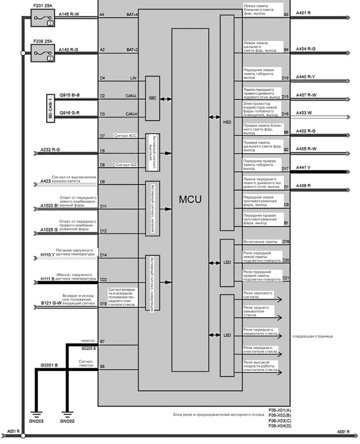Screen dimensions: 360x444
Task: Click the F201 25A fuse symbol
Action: coord(42,18)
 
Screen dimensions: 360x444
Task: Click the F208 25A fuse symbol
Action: coord(42,53)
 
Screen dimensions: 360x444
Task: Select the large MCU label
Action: coord(190,199)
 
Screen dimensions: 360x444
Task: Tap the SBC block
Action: coord(152,98)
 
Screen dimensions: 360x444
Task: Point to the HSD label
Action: coord(227,122)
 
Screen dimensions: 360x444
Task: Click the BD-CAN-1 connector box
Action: coord(50,108)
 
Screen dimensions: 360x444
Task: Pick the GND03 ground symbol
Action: coord(36,415)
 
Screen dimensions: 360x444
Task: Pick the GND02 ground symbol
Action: coord(67,415)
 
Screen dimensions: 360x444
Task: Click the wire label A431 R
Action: coord(303,13)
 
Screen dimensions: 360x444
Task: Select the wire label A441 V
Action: coord(303,168)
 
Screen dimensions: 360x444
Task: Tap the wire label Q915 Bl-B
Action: coord(69,95)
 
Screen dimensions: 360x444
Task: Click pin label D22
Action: coord(103,280)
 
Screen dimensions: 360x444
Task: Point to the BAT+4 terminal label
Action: coord(132,14)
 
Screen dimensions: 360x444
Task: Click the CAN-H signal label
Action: coord(132,114)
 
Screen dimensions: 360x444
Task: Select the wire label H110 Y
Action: coord(48,254)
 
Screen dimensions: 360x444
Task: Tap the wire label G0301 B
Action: coord(49,365)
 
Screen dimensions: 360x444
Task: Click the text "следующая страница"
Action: coord(312,336)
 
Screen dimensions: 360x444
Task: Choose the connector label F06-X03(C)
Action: coord(279,421)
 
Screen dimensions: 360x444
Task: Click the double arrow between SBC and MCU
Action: coord(166,99)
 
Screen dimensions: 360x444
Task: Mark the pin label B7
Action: coord(102,341)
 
